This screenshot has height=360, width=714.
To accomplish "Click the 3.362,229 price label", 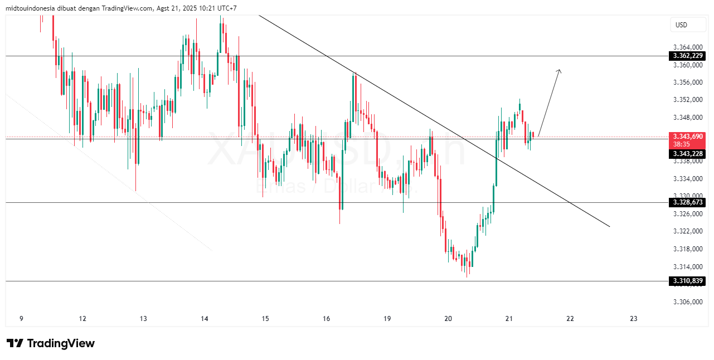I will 687,56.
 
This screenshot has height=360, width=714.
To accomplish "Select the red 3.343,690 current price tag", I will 687,136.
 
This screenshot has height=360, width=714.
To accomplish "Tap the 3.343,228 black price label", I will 687,154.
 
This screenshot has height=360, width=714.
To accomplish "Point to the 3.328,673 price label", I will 687,202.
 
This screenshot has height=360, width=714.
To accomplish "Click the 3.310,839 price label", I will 687,281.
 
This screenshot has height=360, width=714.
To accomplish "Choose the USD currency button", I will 681,25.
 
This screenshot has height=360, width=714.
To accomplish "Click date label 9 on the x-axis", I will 21,319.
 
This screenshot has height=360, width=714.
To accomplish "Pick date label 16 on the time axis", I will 326,319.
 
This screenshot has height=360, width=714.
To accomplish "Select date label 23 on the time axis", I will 633,319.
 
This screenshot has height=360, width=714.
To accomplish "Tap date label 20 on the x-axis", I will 448,319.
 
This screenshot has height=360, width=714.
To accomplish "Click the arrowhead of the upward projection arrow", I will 558,71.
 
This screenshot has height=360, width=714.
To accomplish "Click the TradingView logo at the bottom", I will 50,343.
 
